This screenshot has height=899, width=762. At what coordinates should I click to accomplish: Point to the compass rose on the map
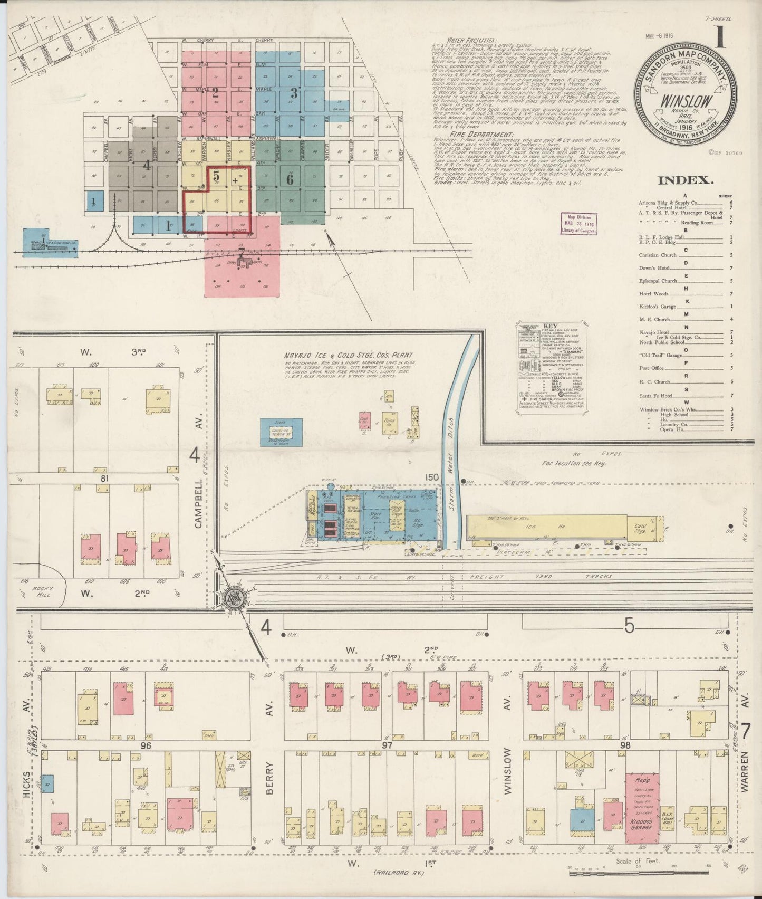(x=232, y=598)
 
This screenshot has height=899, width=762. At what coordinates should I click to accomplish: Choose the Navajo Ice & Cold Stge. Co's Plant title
(x=348, y=356)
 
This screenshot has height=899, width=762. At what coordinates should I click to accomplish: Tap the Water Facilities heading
(x=471, y=40)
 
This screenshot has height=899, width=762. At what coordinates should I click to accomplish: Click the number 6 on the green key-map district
(x=290, y=179)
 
